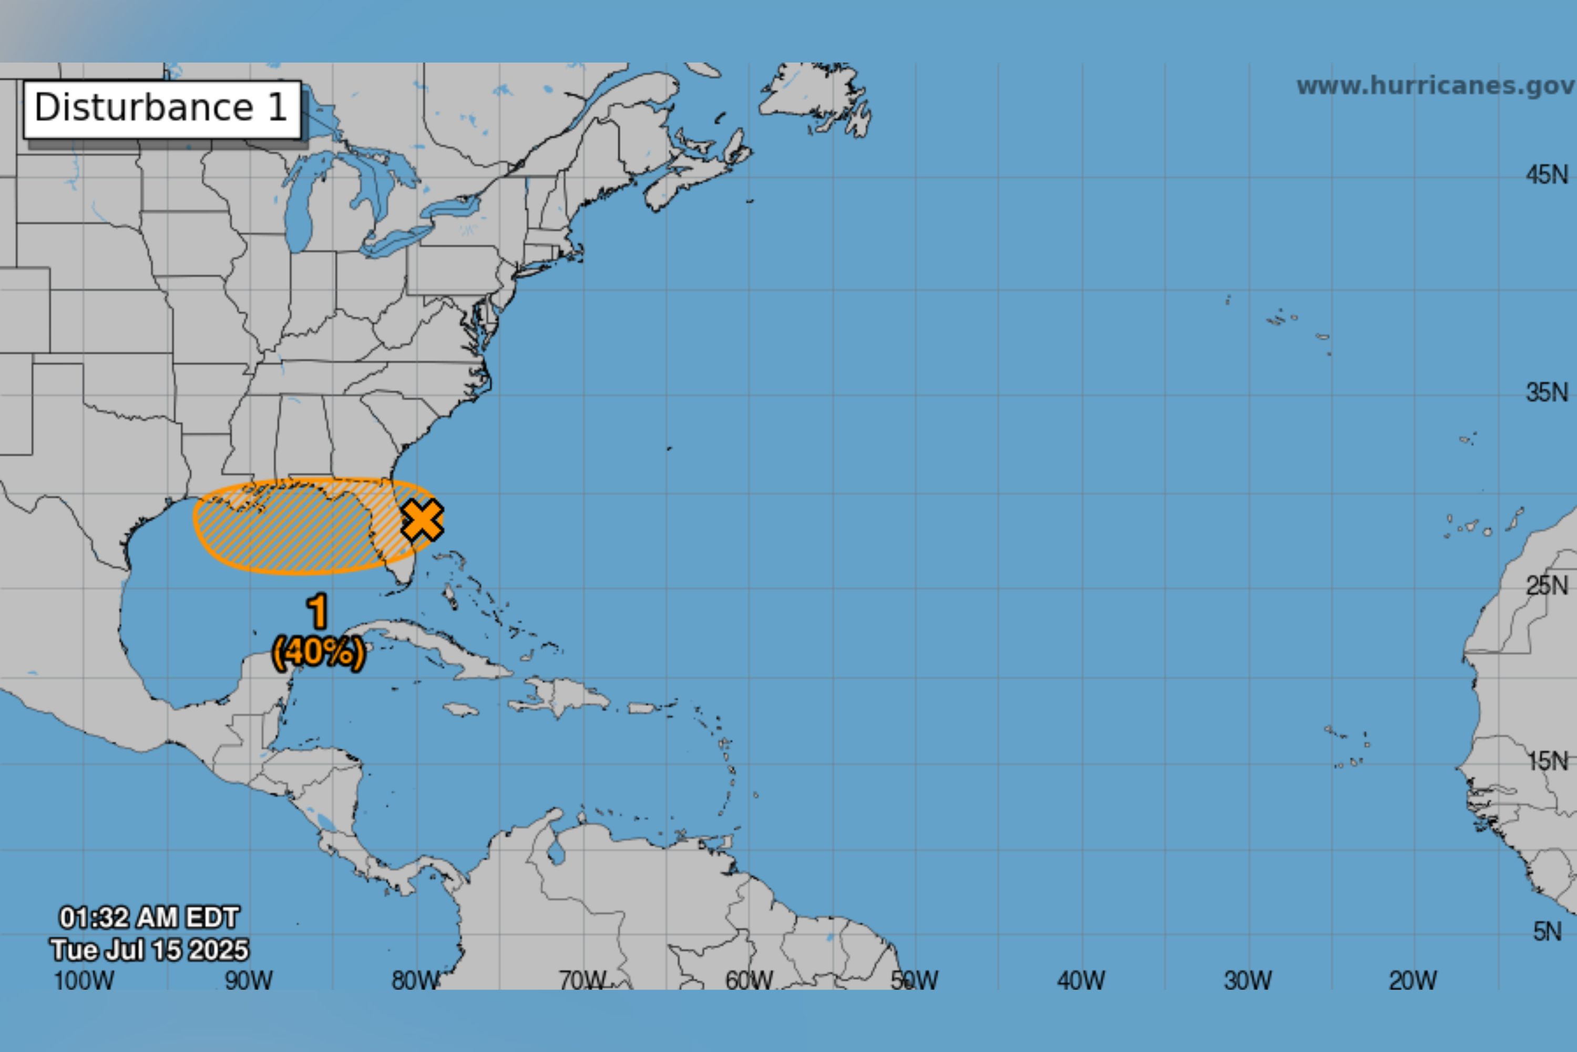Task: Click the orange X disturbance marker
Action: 422,520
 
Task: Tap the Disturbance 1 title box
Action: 161,109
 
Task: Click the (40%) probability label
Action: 319,652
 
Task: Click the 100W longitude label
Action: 83,980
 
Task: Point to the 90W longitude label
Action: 249,980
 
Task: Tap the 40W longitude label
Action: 1081,980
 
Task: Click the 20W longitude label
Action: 1414,980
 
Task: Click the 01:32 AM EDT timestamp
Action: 149,917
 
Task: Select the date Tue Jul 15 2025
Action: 149,950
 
